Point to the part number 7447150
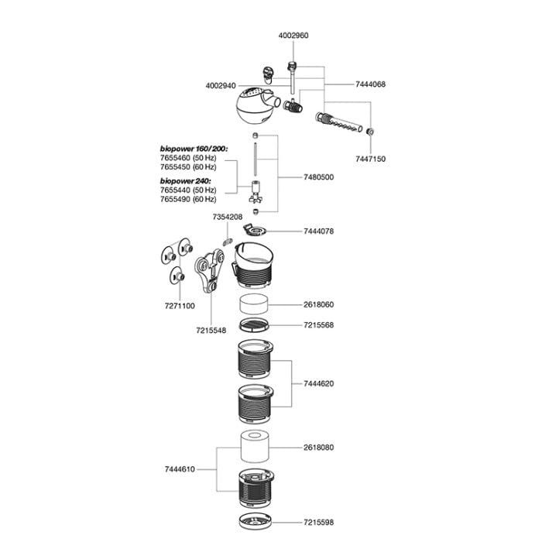pos(369,158)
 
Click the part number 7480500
pos(318,177)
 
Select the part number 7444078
pos(319,231)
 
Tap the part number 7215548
pos(210,331)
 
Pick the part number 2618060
pos(319,305)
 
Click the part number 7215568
pos(319,325)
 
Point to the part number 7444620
pos(319,383)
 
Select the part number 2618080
pos(319,448)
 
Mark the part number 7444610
pos(180,468)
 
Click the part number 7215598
pos(319,523)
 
